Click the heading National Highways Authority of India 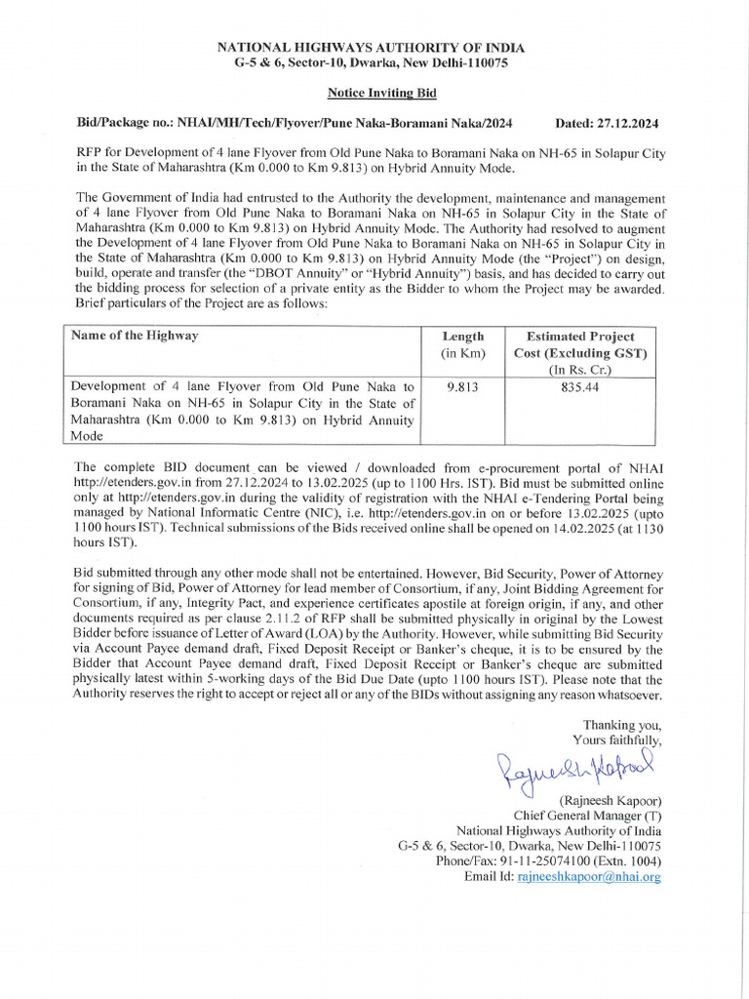coord(370,47)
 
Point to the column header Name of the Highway coord(135,336)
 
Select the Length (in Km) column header coord(462,343)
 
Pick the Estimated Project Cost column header coord(579,344)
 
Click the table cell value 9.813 coord(462,386)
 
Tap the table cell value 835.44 coord(579,386)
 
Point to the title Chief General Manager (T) coord(587,816)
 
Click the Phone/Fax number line coord(548,861)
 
